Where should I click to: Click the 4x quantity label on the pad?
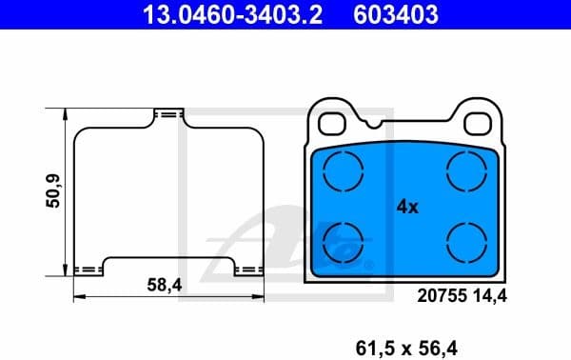pyautogui.click(x=406, y=207)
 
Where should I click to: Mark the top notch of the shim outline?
pyautogui.click(x=168, y=113)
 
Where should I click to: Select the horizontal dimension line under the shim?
pyautogui.click(x=168, y=297)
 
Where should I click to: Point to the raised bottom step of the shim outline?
pyautogui.click(x=168, y=258)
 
